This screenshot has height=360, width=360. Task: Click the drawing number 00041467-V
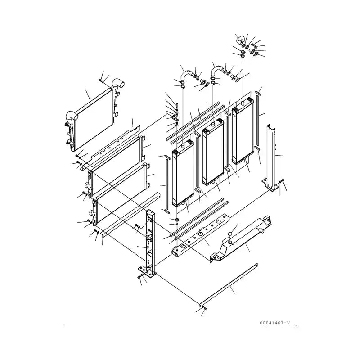click(x=275, y=323)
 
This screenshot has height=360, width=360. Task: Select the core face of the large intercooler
click(x=94, y=119)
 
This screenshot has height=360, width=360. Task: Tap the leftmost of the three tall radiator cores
click(x=183, y=173)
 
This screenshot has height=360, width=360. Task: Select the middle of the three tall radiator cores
click(x=213, y=152)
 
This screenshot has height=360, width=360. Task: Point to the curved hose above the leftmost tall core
click(x=186, y=75)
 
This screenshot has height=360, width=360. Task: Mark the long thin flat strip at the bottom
click(x=229, y=285)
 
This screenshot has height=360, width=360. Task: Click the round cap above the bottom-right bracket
click(x=230, y=234)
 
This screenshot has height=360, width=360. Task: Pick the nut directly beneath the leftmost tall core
click(x=177, y=220)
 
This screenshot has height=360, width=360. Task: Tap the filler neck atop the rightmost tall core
click(x=243, y=103)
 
